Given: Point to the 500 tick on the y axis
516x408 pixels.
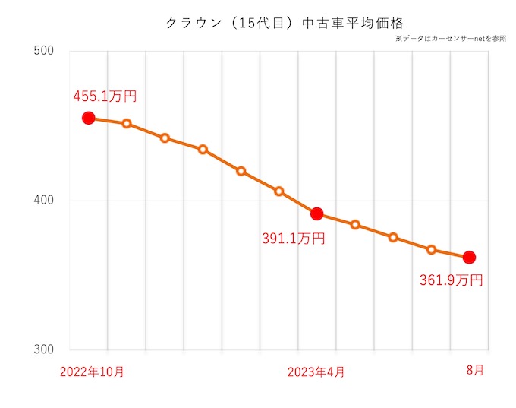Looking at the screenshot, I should (x=46, y=51).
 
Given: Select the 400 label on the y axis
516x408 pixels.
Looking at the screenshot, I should (x=46, y=201).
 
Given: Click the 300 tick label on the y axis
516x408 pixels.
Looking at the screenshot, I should (x=46, y=350).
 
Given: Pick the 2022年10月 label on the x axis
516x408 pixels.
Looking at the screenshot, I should (x=92, y=372).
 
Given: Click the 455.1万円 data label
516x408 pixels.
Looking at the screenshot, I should (x=105, y=96).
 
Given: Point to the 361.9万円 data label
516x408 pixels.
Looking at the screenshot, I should (x=451, y=280).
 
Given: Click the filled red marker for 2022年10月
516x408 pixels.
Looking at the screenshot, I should (x=88, y=118).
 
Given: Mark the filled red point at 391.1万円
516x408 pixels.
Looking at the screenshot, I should (x=317, y=213).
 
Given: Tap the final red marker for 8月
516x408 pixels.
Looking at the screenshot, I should (x=469, y=257).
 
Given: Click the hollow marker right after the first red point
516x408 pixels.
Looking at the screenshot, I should (x=127, y=123).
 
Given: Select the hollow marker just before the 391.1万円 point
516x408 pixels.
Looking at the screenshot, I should (x=279, y=191).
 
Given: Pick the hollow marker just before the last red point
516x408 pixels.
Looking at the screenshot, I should (x=431, y=249).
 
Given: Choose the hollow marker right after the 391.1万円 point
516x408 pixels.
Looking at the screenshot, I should (x=355, y=225).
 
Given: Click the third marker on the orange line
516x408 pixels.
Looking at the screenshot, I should (x=165, y=138).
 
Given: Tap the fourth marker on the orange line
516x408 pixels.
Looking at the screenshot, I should (x=203, y=150).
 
